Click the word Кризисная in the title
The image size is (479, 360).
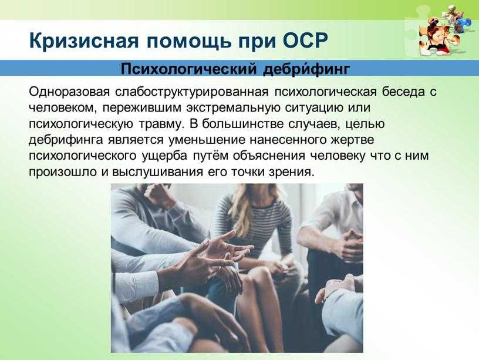[84, 40]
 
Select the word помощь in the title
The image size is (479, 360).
[189, 41]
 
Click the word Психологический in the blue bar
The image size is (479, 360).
[188, 69]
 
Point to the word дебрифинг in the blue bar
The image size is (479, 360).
[306, 69]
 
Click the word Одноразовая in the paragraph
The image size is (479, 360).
[69, 92]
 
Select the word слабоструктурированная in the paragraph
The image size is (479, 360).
[192, 92]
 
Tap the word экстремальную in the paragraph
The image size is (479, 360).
[233, 108]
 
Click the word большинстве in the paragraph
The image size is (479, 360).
[237, 124]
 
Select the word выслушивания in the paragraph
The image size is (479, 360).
[158, 172]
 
